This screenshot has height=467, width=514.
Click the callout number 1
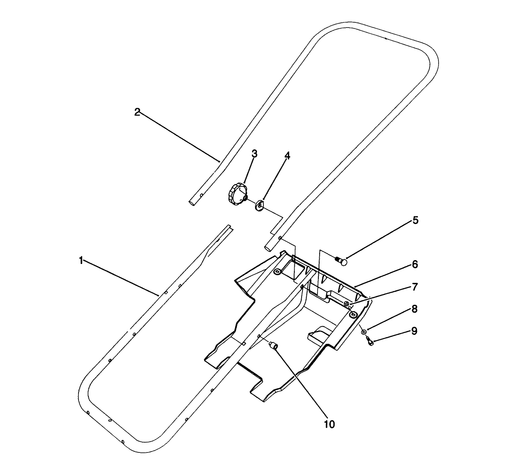(80, 261)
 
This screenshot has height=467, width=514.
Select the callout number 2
(137, 112)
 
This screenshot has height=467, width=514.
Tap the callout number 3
(254, 154)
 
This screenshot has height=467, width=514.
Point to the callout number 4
(287, 156)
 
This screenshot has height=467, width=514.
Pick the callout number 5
(415, 220)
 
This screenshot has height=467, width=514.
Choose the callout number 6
(415, 264)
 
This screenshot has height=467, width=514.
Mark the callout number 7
(415, 286)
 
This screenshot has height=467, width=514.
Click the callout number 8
(415, 309)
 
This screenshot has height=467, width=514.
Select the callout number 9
(415, 331)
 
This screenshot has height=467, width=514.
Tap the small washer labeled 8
(364, 332)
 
